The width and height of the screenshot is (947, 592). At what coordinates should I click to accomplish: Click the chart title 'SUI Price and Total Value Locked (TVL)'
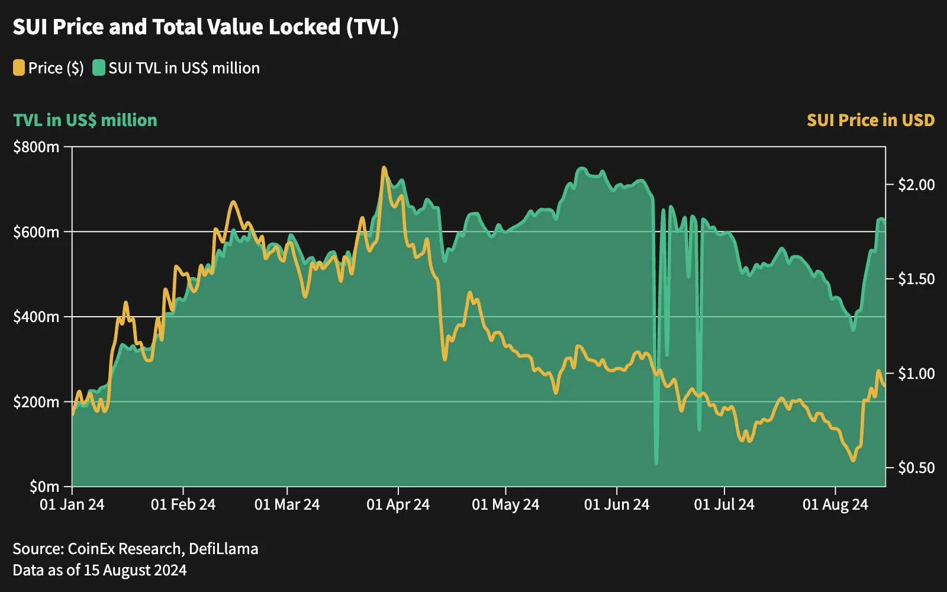click(205, 27)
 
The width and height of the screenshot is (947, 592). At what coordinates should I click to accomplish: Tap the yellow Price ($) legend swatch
click(18, 67)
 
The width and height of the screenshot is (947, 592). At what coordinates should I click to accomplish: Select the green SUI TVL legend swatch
click(99, 67)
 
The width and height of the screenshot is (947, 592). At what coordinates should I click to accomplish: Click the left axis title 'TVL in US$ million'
click(85, 121)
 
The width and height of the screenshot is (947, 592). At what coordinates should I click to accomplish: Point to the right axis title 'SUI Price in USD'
click(871, 121)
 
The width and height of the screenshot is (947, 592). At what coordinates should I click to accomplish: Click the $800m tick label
click(36, 147)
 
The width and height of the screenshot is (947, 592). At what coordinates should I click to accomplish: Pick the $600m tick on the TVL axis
click(36, 231)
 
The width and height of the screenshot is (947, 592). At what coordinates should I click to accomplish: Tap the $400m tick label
click(36, 317)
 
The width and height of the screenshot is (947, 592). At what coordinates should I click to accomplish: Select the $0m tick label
click(44, 487)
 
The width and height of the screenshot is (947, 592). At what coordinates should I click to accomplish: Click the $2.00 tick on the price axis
click(916, 184)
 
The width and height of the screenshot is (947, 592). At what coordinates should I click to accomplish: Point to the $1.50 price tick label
click(916, 279)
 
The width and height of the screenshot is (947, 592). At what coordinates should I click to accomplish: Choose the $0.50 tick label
click(916, 468)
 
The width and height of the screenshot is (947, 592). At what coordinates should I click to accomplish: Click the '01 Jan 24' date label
click(72, 504)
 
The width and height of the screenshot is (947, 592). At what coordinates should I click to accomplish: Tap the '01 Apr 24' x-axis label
click(398, 504)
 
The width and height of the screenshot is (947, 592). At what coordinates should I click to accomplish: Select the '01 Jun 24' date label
click(616, 504)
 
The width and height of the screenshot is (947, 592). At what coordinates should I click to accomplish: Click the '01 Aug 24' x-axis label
click(835, 504)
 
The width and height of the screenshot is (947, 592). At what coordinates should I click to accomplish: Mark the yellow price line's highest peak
click(384, 168)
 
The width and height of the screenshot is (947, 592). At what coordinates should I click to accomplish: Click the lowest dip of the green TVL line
click(656, 464)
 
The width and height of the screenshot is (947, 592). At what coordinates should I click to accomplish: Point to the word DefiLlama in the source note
click(223, 549)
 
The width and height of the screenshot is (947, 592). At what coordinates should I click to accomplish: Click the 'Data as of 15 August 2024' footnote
click(100, 571)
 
